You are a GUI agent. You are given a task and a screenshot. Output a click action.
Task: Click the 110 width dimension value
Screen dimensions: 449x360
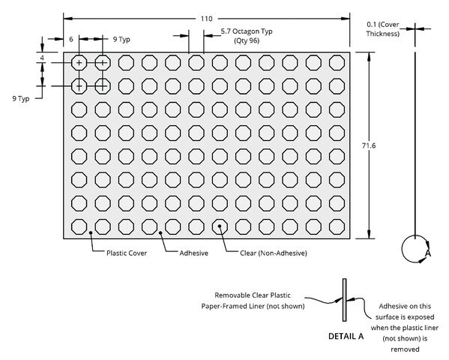(206, 19)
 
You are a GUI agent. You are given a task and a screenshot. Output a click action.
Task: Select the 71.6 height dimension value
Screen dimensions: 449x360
(369, 146)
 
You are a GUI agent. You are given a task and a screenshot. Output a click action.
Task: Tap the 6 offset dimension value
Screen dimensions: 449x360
(71, 39)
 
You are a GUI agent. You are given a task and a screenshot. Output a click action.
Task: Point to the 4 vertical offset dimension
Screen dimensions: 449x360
(42, 58)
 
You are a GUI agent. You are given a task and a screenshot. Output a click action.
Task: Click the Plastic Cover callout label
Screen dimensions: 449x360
(127, 253)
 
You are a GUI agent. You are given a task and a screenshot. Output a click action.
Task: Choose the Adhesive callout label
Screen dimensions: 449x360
(194, 253)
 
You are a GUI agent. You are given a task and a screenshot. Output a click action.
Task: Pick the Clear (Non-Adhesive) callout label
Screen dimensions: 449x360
(274, 253)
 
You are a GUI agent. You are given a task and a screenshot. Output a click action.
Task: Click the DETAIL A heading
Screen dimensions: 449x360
(346, 336)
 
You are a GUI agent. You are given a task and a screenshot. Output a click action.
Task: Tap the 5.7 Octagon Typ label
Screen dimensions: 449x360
(247, 31)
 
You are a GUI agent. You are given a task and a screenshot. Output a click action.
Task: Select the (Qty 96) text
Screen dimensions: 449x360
(247, 40)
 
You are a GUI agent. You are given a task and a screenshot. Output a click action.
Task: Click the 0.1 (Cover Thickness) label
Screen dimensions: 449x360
(383, 29)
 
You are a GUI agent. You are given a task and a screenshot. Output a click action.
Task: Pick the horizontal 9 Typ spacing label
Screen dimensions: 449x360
(121, 39)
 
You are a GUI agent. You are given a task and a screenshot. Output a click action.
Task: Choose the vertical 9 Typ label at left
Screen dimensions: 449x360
(21, 99)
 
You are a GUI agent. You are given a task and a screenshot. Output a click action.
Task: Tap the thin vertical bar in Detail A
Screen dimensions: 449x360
(345, 300)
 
